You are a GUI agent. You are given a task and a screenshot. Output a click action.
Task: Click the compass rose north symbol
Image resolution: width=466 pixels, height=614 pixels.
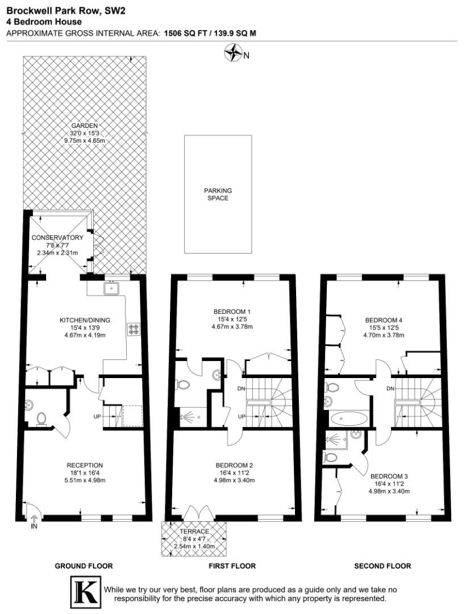coord(233,54)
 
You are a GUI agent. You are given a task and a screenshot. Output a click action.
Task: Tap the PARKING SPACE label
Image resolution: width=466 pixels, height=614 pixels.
coord(218,194)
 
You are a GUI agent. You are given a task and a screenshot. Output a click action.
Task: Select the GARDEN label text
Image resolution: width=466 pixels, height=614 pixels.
coord(85,126)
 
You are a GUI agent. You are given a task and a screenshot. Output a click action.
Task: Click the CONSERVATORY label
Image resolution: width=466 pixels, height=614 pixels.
coord(57,238)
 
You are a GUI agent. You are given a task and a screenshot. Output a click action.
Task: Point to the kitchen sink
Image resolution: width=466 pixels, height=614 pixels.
coord(112,288)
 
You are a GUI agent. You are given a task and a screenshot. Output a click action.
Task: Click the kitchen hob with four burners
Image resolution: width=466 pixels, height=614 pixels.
coord(135,330)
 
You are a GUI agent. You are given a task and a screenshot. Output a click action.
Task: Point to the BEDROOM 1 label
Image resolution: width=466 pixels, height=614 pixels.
coord(232,312)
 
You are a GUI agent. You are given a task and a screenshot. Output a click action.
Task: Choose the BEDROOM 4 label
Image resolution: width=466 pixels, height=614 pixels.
coord(383,320)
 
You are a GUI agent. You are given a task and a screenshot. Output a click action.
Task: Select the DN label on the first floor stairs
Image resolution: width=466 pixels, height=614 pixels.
coord(241,389)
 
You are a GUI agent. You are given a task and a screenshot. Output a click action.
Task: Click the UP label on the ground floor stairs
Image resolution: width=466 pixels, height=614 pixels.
coord(98,417)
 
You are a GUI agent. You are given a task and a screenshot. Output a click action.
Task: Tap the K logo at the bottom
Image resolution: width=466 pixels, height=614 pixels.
coord(85,592)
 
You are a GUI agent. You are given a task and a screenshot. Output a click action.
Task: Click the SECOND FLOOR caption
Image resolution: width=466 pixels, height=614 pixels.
coord(382,566)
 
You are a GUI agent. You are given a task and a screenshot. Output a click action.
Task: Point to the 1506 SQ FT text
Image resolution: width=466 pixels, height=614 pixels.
coord(182,33)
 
